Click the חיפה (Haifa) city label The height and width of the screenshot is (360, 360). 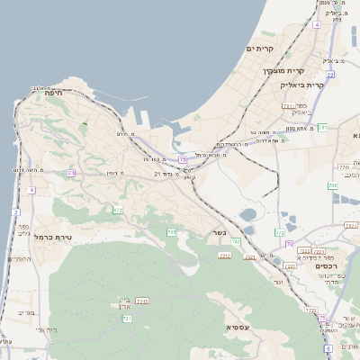tap(51, 92)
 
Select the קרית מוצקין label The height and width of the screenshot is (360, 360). tap(285, 70)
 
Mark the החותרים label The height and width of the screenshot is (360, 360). tap(18, 259)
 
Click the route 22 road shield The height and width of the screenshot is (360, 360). tap(330, 75)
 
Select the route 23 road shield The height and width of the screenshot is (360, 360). tap(70, 172)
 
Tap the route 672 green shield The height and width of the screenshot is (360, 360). tap(117, 210)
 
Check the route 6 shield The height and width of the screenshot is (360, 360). tap(328, 347)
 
